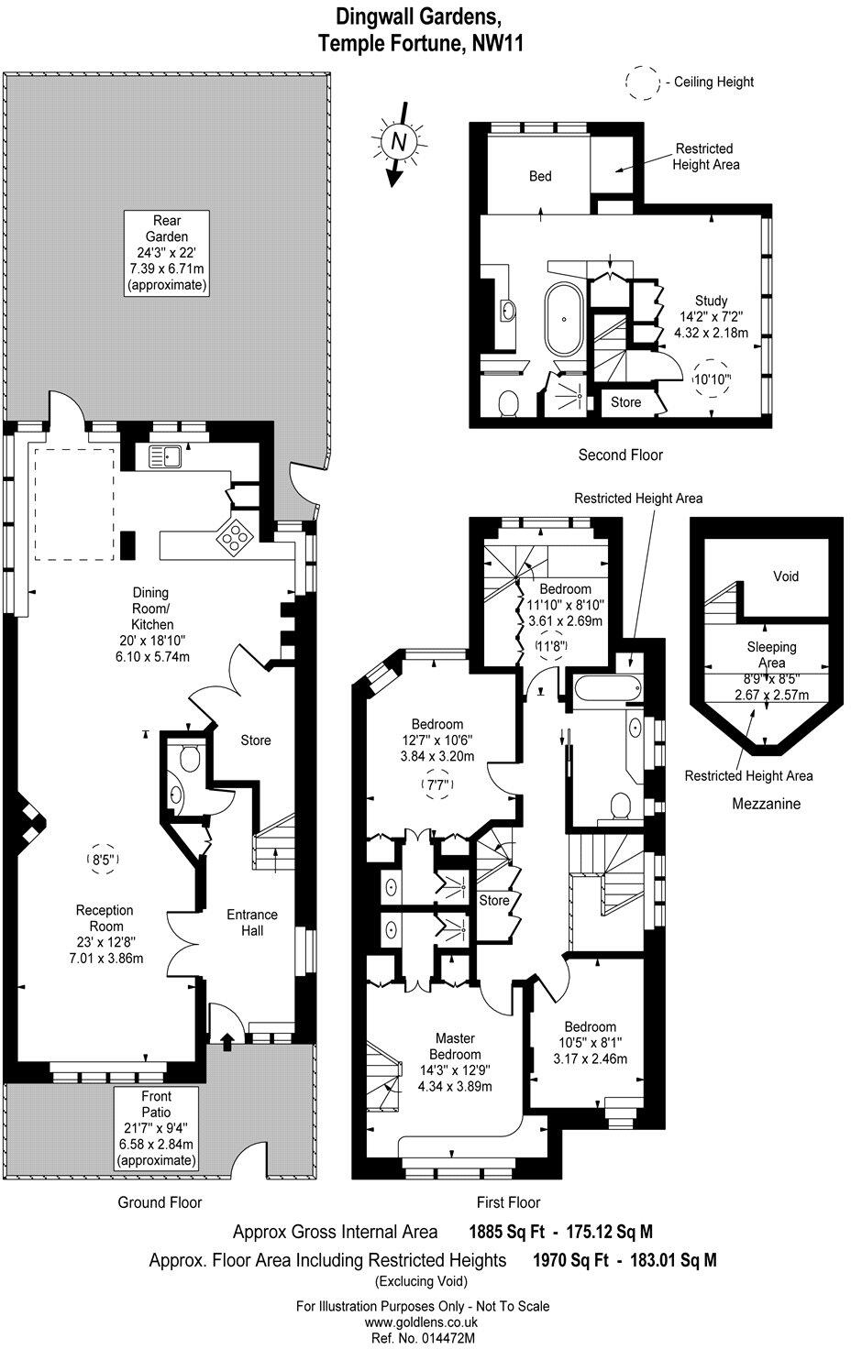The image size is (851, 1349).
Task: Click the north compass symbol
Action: [398, 143]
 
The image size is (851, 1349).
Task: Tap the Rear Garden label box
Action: [167, 253]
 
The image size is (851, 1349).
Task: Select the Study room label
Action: [712, 316]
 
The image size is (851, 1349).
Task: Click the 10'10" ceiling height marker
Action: [712, 379]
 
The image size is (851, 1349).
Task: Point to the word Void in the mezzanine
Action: [786, 576]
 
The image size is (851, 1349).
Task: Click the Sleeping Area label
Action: [772, 654]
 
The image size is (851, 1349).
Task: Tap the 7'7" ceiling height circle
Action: [437, 784]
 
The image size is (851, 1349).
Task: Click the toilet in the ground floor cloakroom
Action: [190, 758]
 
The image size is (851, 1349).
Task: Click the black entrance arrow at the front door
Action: [227, 1041]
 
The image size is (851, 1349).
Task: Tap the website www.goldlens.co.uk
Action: [421, 1322]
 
